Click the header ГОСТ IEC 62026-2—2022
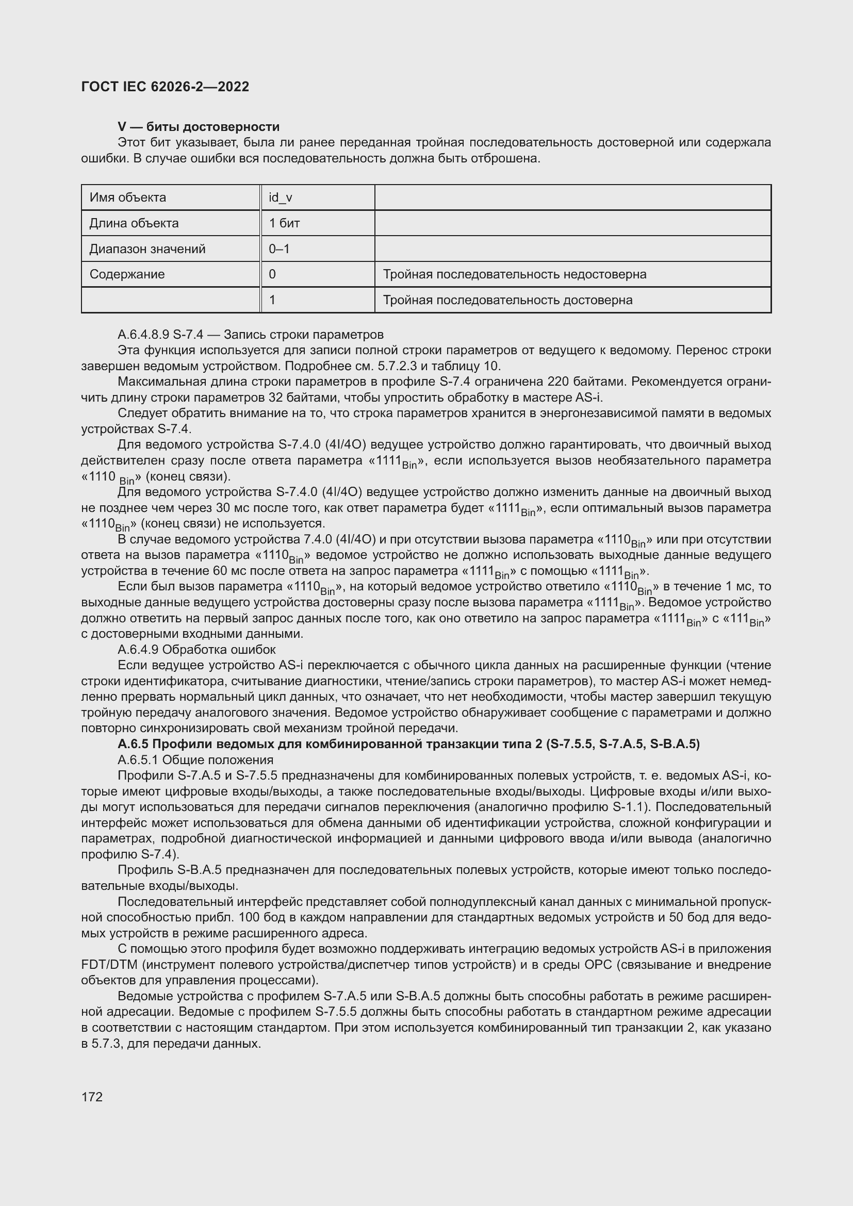point(165,87)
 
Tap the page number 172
point(92,1097)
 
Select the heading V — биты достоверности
point(199,127)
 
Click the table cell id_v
point(281,197)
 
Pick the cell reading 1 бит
point(284,223)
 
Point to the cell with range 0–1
point(279,249)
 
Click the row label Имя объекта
point(127,197)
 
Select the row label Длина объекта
point(134,223)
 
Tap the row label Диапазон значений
point(147,249)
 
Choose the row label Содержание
point(127,274)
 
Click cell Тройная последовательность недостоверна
point(514,274)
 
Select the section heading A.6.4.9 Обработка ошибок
point(196,650)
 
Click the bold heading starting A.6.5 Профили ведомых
point(408,745)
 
